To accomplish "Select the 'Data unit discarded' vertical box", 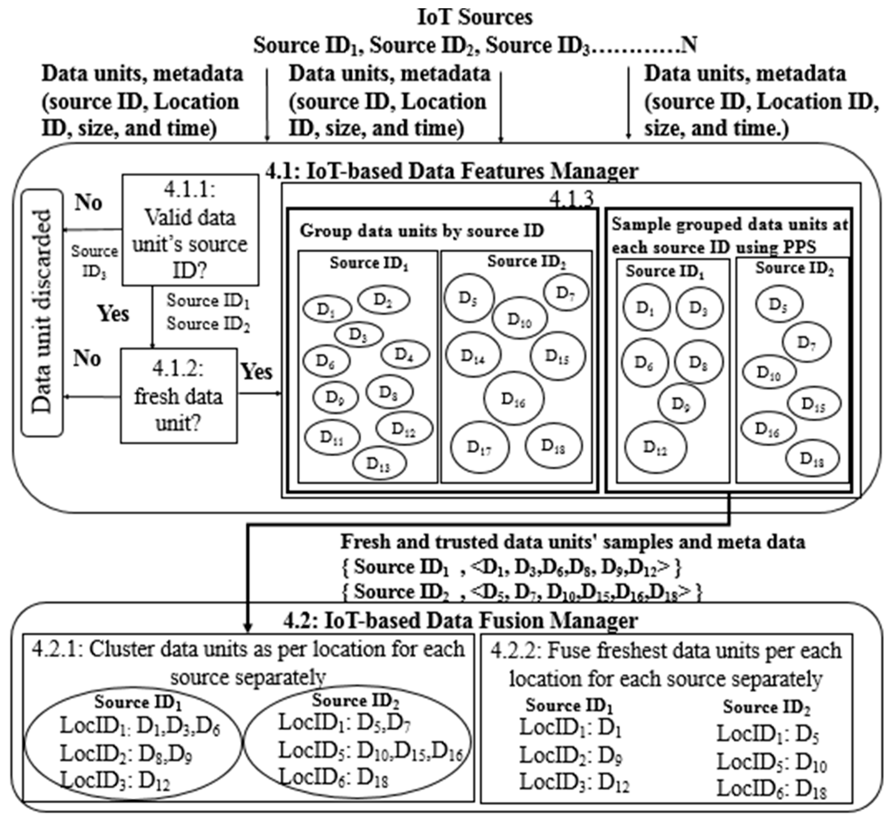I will click(42, 313).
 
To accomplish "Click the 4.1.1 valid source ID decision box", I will click(190, 230).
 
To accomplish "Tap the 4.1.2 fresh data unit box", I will click(178, 395).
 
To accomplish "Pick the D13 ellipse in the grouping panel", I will click(379, 463).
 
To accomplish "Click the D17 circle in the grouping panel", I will click(479, 448).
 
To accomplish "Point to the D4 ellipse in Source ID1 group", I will click(405, 355).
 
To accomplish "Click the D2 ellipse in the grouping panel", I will click(383, 300).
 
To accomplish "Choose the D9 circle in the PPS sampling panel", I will click(681, 403).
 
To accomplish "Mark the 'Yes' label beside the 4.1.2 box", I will click(256, 371).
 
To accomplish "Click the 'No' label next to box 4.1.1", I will click(88, 202).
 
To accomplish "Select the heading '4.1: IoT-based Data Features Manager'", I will click(451, 171).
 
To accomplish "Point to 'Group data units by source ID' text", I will click(421, 231).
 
